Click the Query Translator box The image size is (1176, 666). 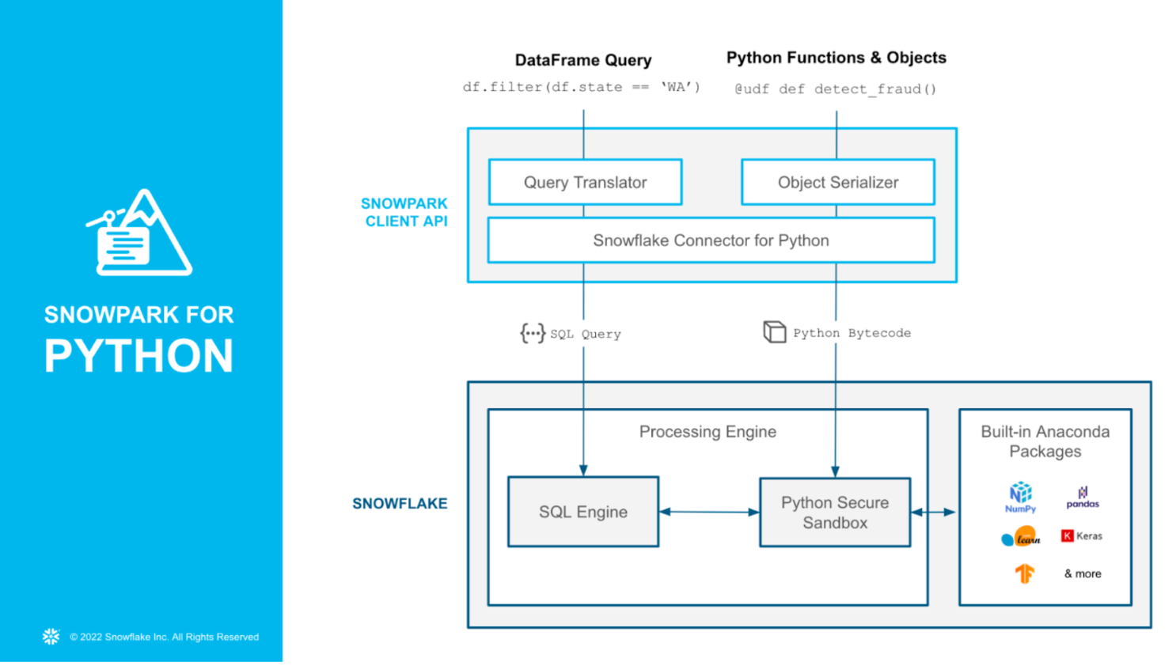pos(585,183)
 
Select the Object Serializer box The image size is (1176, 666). pos(837,183)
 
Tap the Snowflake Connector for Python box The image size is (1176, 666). pos(711,240)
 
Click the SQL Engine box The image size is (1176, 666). pos(583,512)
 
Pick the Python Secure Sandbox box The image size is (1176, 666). pos(835,513)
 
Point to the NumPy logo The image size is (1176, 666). pos(1020,497)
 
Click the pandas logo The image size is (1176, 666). pos(1083,498)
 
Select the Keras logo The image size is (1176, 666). pos(1081,535)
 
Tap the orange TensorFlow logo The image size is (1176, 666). pos(1024,573)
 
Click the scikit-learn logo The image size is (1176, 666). pos(1021,537)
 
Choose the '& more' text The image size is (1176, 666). pos(1083,573)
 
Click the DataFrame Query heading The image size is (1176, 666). pos(583,60)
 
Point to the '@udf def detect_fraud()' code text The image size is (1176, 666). pos(836,89)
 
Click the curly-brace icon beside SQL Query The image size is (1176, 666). pos(533,333)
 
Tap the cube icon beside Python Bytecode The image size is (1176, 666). pos(774,331)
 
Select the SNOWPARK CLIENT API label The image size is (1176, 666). pos(404,212)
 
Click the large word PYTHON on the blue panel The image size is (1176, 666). pos(139,356)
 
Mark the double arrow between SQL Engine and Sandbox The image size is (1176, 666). pos(709,512)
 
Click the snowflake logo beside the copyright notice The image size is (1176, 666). pos(51,637)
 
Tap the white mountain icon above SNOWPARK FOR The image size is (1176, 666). pos(139,233)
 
